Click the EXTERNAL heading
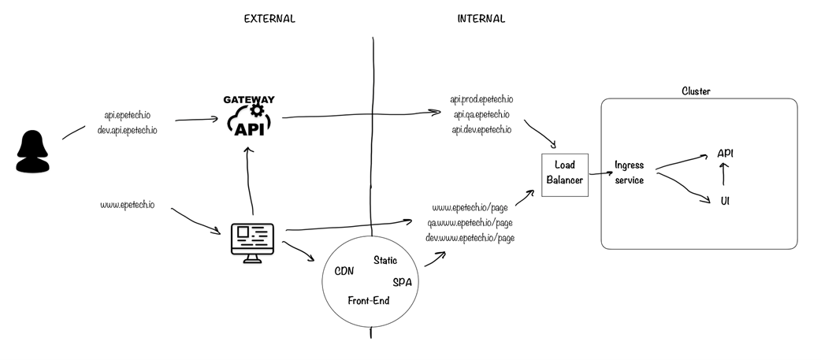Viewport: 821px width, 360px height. pos(269,19)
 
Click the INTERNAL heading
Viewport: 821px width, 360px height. pos(481,19)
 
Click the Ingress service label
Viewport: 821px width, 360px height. pos(630,173)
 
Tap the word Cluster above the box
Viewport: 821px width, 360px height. pos(696,91)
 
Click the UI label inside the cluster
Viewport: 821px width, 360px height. pos(725,201)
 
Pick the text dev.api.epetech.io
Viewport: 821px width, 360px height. pos(127,130)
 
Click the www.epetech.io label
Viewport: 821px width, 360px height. pos(127,206)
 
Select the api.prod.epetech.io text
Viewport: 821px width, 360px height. pos(481,100)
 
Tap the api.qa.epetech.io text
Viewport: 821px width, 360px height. pos(481,115)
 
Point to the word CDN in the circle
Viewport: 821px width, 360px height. pos(344,271)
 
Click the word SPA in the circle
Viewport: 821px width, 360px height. pos(402,283)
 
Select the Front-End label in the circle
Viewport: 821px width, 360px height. pos(368,301)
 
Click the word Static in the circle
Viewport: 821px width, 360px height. pos(385,260)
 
